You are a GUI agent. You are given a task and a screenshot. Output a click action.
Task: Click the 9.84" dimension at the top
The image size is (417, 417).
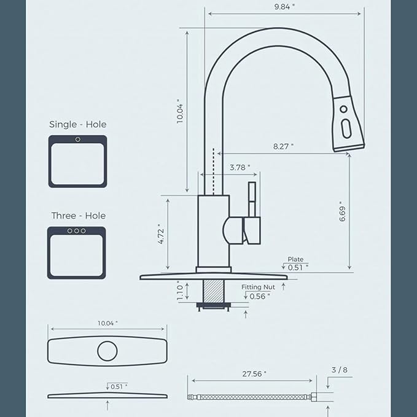coord(284,6)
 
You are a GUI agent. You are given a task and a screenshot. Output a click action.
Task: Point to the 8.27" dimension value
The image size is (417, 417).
coord(283,146)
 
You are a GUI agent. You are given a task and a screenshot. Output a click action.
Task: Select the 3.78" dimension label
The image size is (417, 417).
coord(240,167)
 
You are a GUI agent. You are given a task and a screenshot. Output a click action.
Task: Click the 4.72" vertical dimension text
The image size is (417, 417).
coord(160,234)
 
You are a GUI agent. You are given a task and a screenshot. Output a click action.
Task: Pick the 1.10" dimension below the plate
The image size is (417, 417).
coord(179,290)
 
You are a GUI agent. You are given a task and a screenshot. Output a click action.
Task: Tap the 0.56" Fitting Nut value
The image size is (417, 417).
coord(260,296)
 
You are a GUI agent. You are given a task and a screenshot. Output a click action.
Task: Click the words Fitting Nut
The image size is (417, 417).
coord(258,287)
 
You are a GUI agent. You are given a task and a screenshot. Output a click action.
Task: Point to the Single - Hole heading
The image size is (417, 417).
coord(77,124)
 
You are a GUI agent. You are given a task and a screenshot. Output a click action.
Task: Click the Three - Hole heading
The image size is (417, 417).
coord(78,216)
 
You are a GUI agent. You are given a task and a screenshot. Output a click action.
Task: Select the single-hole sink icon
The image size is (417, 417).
coord(77,162)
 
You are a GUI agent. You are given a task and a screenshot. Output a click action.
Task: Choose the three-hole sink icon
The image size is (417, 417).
coord(77,252)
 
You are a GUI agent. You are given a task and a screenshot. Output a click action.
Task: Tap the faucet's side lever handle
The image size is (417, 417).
coord(251,212)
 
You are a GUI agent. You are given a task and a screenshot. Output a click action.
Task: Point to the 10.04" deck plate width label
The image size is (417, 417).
coord(107,323)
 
